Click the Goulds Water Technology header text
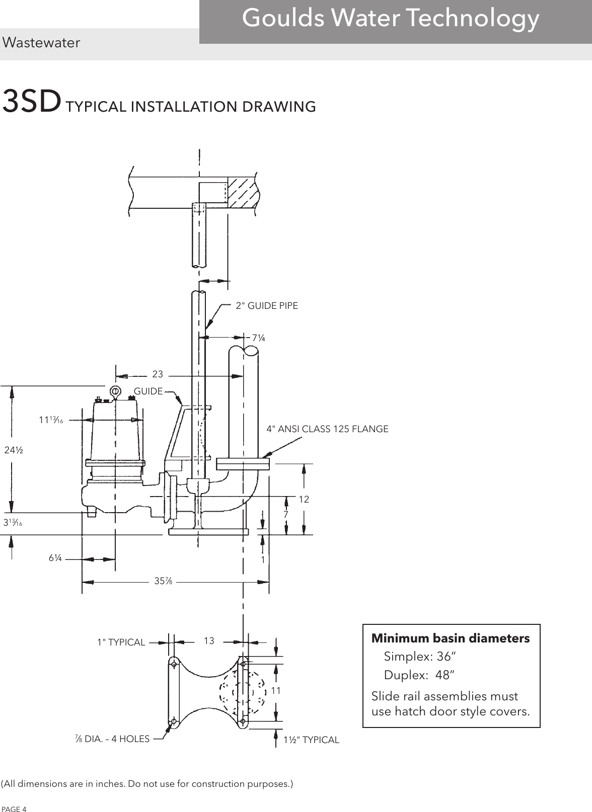(x=390, y=19)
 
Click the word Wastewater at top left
(x=41, y=43)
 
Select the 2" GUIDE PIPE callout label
(x=267, y=305)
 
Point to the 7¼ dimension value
(x=258, y=338)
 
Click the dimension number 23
(x=158, y=374)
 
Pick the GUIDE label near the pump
(x=148, y=391)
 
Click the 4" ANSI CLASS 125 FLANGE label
(x=327, y=429)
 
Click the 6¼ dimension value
(x=55, y=559)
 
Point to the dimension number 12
(x=304, y=499)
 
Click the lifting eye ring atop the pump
(x=115, y=390)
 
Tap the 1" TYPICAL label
(x=121, y=642)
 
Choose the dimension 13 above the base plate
(x=209, y=641)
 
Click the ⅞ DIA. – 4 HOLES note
(x=112, y=739)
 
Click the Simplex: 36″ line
(x=420, y=657)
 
